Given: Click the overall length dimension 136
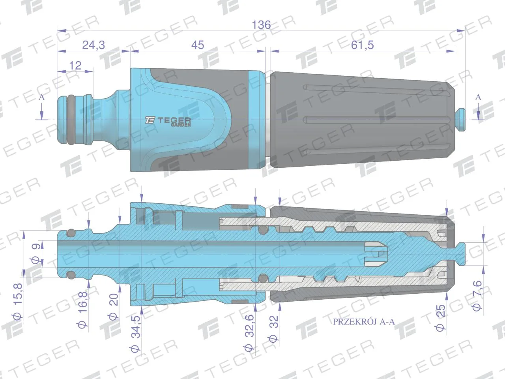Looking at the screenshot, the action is point(261,25).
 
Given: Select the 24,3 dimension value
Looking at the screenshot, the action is point(94,45).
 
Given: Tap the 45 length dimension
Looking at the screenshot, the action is point(198,45).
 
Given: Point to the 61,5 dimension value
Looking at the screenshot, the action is point(362,45).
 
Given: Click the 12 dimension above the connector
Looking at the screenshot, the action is point(75,66).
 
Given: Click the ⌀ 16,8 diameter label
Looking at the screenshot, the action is point(82,310).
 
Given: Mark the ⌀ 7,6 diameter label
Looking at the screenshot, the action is point(477,296).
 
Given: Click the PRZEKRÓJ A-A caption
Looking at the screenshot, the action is point(364,322).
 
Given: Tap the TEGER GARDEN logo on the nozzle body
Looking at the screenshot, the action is point(168,121).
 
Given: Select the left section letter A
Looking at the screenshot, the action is point(42,98).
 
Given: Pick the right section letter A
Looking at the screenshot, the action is point(478,98).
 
